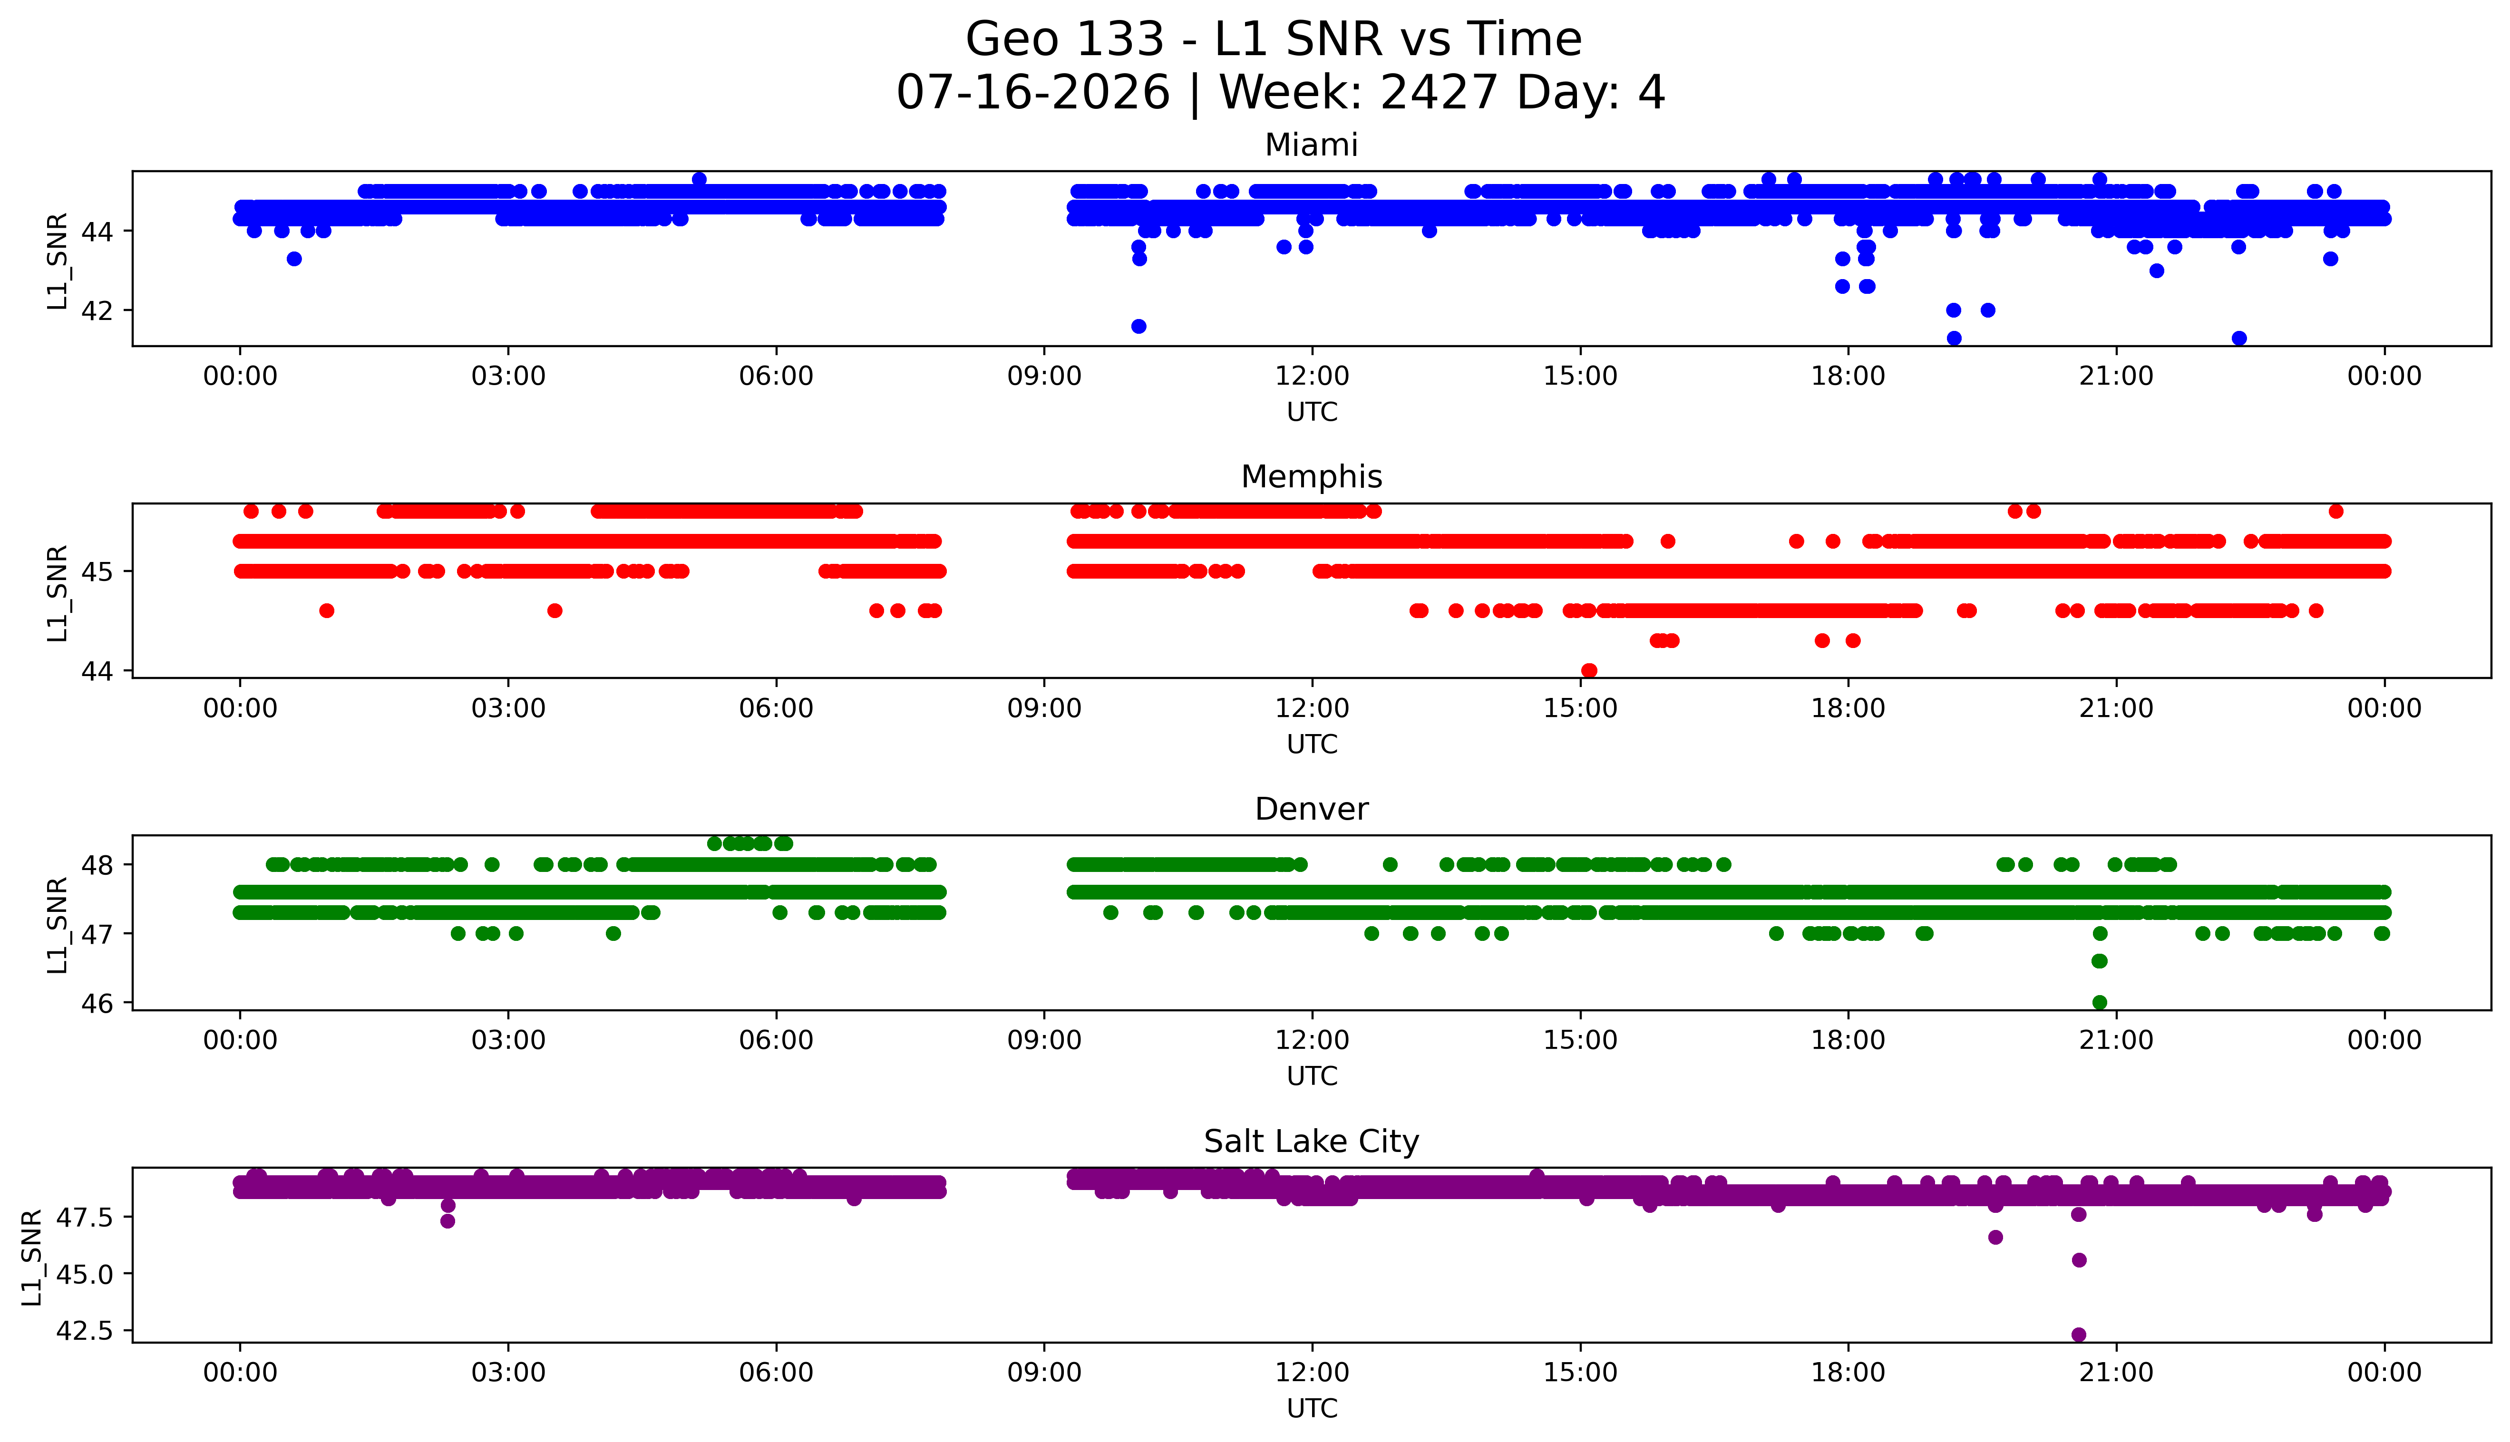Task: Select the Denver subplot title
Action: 1312,809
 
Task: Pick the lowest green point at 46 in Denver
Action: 2099,1002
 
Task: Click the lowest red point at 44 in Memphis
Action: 1589,670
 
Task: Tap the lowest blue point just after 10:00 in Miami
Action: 1139,326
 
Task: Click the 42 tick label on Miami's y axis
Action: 104,310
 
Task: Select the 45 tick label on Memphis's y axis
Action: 104,571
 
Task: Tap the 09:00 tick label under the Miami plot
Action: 1044,377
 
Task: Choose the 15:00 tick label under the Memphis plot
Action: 1581,708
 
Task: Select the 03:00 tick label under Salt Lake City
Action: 508,1373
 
